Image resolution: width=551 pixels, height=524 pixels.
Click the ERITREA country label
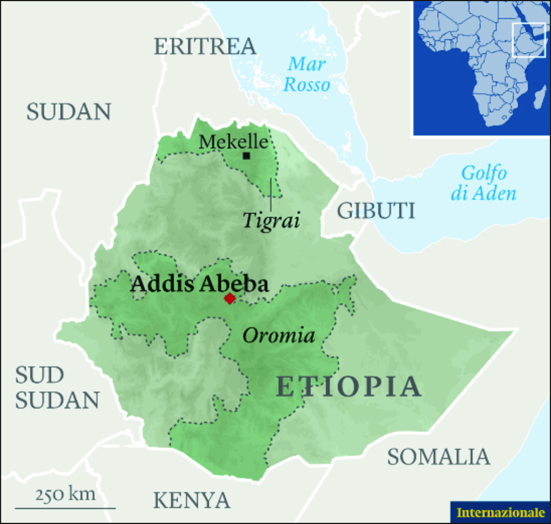coord(205,47)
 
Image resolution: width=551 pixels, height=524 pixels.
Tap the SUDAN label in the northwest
coord(68,112)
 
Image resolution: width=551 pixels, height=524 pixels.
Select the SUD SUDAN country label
coord(57,388)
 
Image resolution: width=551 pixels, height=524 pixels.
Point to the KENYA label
coord(191,500)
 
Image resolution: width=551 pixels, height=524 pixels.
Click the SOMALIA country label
coord(439,456)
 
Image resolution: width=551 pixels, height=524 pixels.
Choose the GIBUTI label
coord(376,211)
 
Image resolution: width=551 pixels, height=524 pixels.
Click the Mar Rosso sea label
coord(307,74)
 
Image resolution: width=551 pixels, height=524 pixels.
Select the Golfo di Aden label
coord(483,183)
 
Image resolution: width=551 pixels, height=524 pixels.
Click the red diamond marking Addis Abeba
coord(230,298)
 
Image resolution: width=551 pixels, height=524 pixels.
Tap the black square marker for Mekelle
coord(246,156)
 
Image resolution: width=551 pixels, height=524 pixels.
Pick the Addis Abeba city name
coord(199,284)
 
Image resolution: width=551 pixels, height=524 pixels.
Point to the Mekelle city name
coord(233,142)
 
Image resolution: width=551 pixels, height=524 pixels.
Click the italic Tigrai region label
coord(271,221)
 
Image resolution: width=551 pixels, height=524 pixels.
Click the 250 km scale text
coord(65,494)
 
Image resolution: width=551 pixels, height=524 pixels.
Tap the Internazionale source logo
coord(500,512)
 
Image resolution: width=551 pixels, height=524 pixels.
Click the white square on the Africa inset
coord(528,41)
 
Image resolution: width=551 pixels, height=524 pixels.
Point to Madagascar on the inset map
coord(538,97)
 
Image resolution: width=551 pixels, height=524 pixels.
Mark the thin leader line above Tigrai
coord(271,194)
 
